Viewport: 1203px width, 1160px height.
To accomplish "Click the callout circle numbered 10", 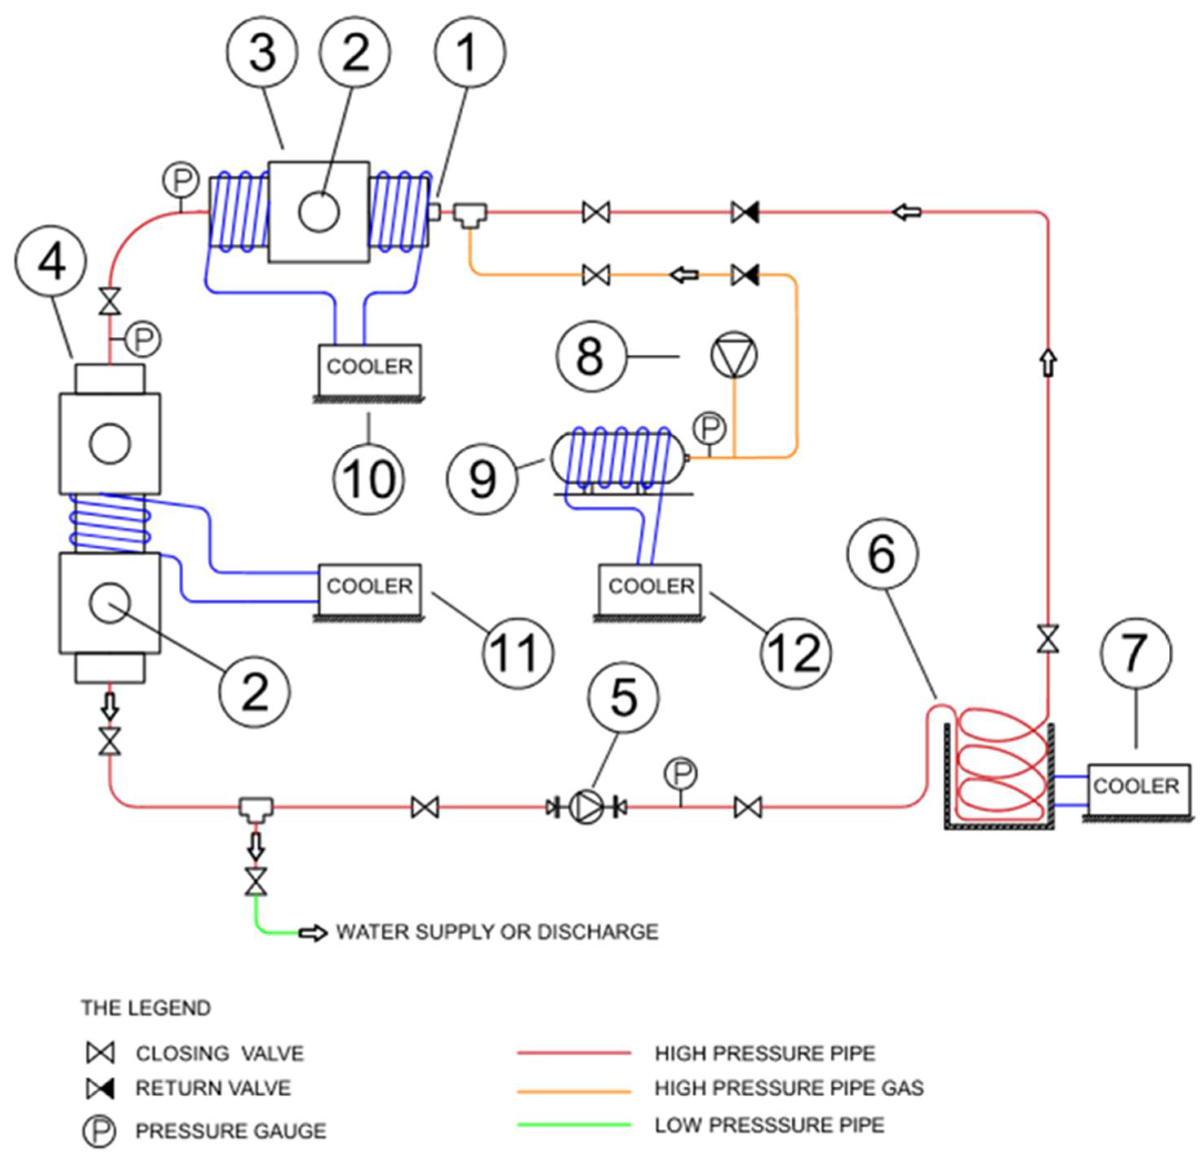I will click(368, 479).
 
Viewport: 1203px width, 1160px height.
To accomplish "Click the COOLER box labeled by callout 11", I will click(369, 587).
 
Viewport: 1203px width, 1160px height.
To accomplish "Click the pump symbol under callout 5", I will click(586, 807).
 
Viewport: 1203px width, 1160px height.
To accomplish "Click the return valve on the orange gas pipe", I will click(745, 275).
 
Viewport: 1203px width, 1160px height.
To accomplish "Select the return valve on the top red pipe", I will click(745, 213).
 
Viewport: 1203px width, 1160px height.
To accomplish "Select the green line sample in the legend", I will click(574, 1125).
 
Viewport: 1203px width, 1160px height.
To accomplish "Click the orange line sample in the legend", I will click(574, 1092).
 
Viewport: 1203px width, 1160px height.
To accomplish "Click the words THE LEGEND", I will click(146, 1008).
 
